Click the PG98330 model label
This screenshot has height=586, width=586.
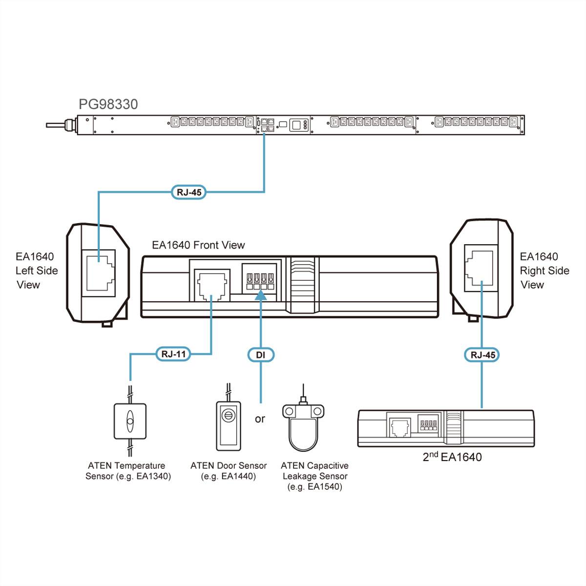[x=108, y=104]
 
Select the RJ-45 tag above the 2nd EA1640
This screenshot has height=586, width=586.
[x=482, y=355]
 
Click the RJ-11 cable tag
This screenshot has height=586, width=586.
[x=173, y=354]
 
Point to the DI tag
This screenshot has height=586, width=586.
[x=260, y=355]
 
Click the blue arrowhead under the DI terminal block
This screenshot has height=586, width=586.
[x=261, y=295]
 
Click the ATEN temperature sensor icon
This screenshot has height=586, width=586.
[x=130, y=421]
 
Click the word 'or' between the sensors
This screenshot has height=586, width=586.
[x=260, y=419]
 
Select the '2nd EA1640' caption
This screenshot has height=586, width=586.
[x=452, y=457]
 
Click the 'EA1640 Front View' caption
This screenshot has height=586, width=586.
[x=198, y=245]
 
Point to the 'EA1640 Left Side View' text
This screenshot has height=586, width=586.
[x=37, y=271]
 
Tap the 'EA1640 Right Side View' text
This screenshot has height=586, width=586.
[x=544, y=271]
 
